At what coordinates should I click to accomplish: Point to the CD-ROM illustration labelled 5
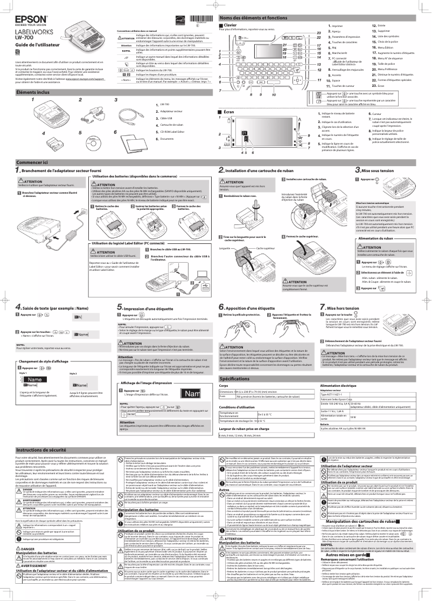(92, 144)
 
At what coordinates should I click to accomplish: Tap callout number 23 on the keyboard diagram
(319, 33)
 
